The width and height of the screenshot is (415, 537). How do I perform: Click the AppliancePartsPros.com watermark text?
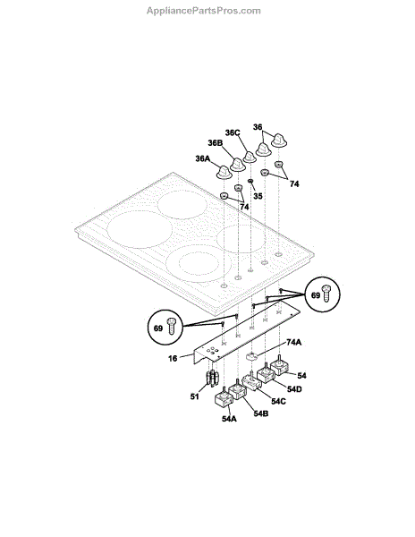coord(204,11)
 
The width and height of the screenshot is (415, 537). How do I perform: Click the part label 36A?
coord(202,158)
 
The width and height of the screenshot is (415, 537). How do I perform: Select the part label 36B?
coord(216,143)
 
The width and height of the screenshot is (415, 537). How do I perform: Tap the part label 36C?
coord(233,132)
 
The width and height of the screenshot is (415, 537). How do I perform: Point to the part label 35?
coord(258,196)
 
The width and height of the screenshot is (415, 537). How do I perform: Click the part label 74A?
coord(293,342)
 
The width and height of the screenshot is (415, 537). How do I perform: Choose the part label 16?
coord(173,358)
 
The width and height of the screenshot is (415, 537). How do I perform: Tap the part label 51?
coord(194,396)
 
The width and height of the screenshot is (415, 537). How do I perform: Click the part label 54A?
coord(229,419)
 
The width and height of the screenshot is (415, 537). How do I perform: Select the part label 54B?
coord(260,413)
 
